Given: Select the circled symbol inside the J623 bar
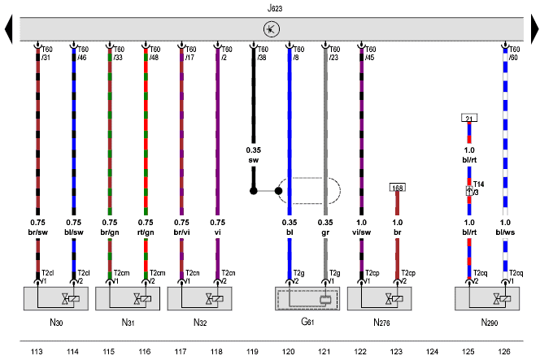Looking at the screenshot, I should pyautogui.click(x=271, y=30).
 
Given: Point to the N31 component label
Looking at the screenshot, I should pyautogui.click(x=128, y=323).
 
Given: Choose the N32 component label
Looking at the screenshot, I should pyautogui.click(x=199, y=323).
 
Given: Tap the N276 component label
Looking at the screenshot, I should pyautogui.click(x=381, y=323).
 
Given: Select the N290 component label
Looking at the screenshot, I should pyautogui.click(x=488, y=323).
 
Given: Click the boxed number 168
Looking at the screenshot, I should pyautogui.click(x=398, y=188).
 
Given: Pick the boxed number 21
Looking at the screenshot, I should pyautogui.click(x=468, y=119).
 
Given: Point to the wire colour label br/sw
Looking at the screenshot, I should pyautogui.click(x=37, y=232).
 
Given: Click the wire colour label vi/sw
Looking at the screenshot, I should pyautogui.click(x=362, y=232).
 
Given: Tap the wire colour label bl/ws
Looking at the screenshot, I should pyautogui.click(x=505, y=232).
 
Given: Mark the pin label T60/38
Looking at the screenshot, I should pyautogui.click(x=261, y=53).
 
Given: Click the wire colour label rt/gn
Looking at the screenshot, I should pyautogui.click(x=145, y=232).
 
